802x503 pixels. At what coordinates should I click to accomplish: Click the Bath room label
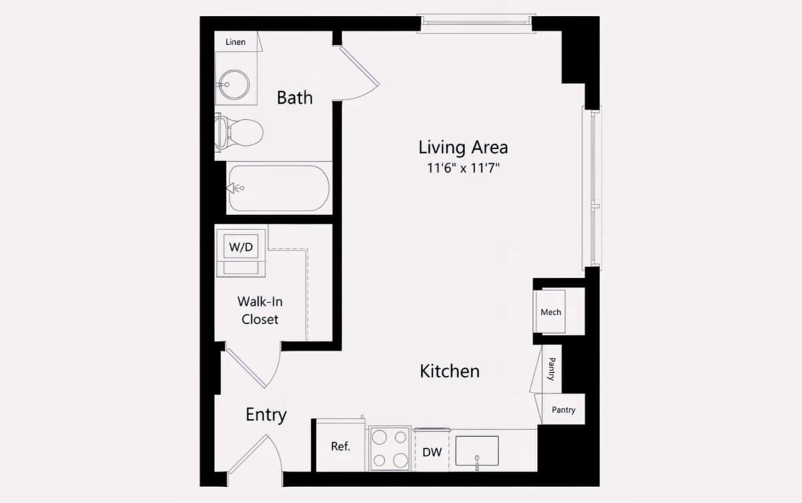point(295,98)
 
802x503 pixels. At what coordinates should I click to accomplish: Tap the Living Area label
point(463,147)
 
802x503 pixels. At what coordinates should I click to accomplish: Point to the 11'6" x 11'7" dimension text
point(463,168)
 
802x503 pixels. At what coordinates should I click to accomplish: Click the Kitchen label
point(450,371)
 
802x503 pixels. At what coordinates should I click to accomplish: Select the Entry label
point(266,415)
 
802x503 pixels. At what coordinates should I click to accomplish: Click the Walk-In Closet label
point(260,310)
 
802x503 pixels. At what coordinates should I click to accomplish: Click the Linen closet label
point(235,42)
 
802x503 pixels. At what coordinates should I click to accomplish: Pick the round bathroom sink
point(235,84)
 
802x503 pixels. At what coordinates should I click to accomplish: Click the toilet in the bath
point(239,132)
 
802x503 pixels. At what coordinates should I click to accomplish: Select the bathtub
point(279,188)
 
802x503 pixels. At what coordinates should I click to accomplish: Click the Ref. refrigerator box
point(340,445)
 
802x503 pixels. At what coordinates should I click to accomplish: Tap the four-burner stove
point(390,448)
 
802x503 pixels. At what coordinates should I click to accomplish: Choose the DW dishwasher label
point(432,452)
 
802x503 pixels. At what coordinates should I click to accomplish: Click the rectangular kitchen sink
point(477,451)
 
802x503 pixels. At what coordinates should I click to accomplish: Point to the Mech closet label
point(551,312)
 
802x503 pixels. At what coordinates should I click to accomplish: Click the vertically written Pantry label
point(552,369)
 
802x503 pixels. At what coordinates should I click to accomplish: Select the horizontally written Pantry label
point(563,409)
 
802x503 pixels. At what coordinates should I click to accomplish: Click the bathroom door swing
point(358,74)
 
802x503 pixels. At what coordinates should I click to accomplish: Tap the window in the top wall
point(476,23)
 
